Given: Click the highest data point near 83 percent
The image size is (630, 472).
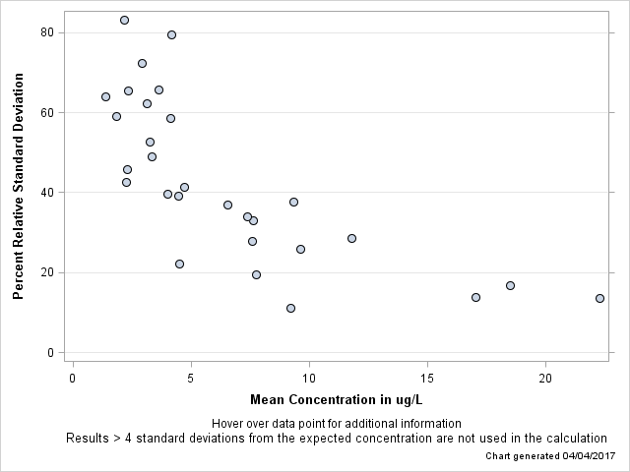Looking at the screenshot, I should coord(124,20).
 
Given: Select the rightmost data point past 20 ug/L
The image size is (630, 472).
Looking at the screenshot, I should coord(599,298).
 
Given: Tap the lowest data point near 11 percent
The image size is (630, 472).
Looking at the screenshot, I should coord(290,308).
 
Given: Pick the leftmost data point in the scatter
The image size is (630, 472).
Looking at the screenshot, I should coord(105,96).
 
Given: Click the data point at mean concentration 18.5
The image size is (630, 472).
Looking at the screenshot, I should coord(510,285).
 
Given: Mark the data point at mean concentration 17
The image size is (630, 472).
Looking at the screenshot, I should coord(475,297).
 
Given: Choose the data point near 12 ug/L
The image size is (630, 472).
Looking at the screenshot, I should coord(351,238).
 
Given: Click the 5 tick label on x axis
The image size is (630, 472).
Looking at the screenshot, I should coord(191,379).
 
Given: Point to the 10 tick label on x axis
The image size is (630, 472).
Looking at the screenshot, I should coord(309,379).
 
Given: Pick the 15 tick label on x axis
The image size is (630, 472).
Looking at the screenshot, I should coord(427,379).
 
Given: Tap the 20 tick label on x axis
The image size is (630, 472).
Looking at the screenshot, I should coord(545,379).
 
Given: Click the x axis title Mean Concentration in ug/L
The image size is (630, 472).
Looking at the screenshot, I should coord(336,399).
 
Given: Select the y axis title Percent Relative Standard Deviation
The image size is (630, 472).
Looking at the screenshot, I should coord(19,191).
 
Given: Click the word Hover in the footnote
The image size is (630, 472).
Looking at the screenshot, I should coord(229,424).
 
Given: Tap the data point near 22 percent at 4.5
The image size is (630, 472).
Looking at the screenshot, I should coord(179,264).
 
